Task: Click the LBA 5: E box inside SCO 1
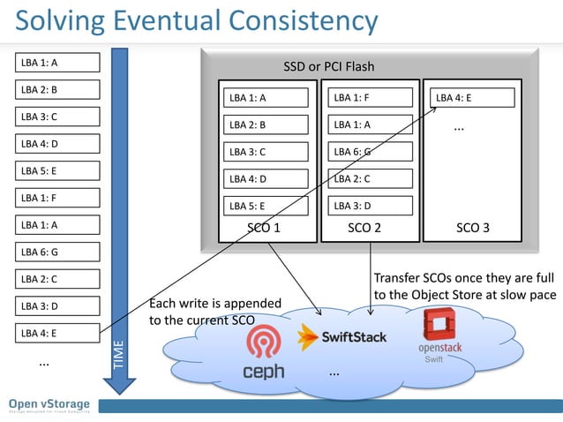tap(265, 206)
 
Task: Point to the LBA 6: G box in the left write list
tap(56, 252)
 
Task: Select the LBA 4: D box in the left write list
tap(56, 144)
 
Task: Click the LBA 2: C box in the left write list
tap(56, 279)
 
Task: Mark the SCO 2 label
tap(364, 228)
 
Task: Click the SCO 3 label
tap(472, 228)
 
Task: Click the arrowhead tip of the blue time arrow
tap(119, 394)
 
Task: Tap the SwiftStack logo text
tap(353, 336)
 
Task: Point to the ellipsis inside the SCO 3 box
tap(459, 128)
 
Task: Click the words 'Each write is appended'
tap(215, 304)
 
